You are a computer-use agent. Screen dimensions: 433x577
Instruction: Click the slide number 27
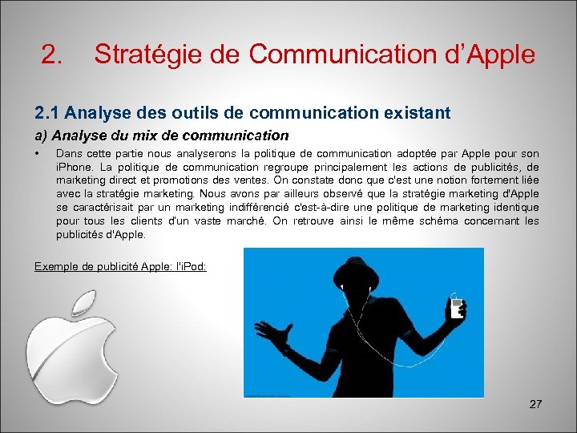535,404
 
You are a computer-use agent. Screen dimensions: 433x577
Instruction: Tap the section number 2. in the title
52,54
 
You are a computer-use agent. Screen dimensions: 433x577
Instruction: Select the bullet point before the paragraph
38,153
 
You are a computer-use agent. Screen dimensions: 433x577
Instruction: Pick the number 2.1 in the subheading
46,113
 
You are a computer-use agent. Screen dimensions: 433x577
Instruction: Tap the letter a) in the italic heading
41,135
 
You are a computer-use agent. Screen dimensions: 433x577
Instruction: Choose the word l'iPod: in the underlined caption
189,266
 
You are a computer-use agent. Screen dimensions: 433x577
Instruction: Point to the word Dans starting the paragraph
69,153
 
